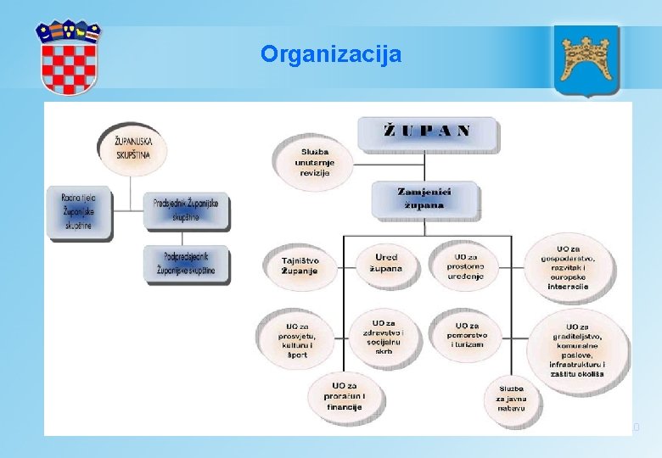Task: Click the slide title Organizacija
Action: click(x=331, y=55)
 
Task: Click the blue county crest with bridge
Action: click(x=586, y=60)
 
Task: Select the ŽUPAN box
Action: click(x=428, y=132)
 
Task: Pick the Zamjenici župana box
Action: click(x=424, y=198)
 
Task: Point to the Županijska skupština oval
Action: click(x=130, y=149)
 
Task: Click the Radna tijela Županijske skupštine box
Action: click(x=78, y=212)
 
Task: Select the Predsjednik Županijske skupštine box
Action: click(x=186, y=210)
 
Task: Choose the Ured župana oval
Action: click(x=384, y=263)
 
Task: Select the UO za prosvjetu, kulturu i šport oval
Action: click(x=297, y=338)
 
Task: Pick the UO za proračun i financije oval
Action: click(x=345, y=396)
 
